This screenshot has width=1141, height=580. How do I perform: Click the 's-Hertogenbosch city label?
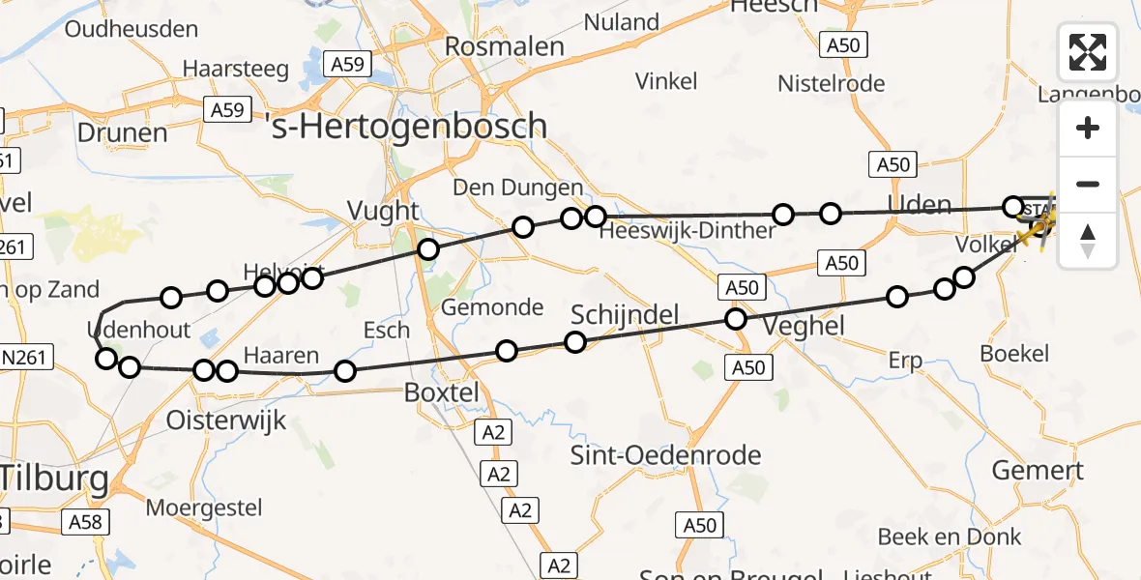409,127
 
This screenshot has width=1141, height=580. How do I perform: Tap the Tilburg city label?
53,477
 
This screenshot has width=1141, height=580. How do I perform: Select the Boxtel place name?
441,393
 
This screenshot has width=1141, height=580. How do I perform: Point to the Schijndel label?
625,315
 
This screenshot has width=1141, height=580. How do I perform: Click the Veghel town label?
804,327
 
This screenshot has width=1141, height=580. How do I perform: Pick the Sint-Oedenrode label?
666,455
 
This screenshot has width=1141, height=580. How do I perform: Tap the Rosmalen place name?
504,46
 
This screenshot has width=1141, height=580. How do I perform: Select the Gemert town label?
1038,471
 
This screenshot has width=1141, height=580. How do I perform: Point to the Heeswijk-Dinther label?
687,231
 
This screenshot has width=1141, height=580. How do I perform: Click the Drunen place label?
123,132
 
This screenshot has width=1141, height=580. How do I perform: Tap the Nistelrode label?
832,84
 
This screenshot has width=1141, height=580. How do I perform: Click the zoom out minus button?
1088,184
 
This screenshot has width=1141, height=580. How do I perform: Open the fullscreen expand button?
1088,52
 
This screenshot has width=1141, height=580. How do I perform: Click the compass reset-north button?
1088,240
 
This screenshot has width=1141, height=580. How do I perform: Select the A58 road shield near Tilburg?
82,523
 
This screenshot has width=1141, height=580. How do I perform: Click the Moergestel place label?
204,507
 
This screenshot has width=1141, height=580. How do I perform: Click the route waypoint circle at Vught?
428,250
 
